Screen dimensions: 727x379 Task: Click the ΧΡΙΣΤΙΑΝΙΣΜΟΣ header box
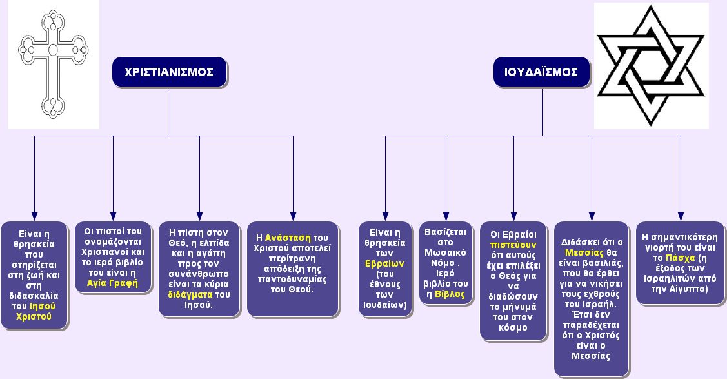(169, 72)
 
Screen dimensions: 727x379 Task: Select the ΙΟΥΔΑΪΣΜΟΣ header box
(541, 72)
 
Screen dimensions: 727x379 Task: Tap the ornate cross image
(54, 65)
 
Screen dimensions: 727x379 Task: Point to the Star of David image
(651, 65)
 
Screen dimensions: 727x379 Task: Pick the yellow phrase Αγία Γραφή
(112, 283)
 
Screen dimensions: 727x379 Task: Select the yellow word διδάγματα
(190, 294)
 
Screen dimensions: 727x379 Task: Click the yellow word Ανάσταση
(288, 238)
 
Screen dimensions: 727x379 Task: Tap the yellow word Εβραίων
(385, 263)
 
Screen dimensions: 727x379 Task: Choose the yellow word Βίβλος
(450, 294)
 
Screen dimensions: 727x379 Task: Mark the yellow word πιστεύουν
(513, 245)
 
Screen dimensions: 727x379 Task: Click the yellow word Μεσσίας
(584, 253)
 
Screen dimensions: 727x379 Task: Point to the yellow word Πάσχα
(680, 258)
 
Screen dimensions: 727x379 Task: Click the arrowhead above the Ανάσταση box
(293, 216)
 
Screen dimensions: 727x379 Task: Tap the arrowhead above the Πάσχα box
(681, 216)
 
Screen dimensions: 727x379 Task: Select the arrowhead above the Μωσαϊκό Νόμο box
(446, 216)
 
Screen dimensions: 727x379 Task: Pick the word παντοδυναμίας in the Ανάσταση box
(293, 280)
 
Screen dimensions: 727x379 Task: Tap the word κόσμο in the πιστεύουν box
(513, 327)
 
